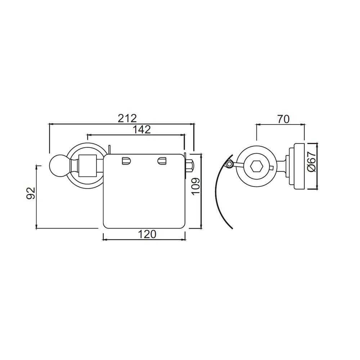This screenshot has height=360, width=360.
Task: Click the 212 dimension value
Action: (127, 118)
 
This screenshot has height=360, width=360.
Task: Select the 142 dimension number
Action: (141, 130)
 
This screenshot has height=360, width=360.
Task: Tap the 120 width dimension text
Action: (147, 234)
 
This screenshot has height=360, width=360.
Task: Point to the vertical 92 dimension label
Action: (31, 193)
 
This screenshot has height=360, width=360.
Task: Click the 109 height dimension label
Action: (195, 186)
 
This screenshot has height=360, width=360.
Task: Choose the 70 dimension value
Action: (283, 119)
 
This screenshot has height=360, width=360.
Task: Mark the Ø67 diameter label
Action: (312, 162)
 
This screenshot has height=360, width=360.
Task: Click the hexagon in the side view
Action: (256, 166)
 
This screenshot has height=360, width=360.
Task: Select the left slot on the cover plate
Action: (126, 161)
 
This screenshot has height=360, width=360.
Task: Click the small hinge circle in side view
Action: (229, 165)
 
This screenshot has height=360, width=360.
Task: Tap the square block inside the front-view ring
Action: (88, 165)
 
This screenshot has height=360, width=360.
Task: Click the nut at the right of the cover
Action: (189, 166)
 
